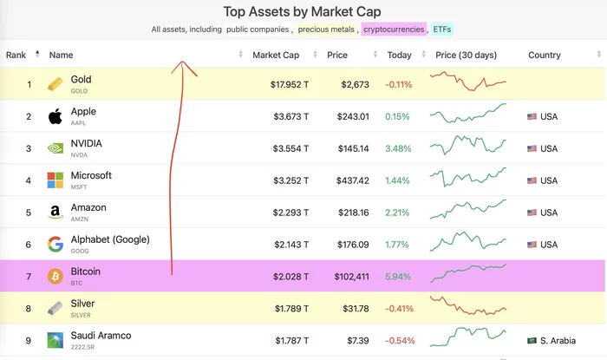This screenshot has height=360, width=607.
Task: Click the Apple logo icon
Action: pos(55,116)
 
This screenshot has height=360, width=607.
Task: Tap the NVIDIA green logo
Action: pos(55,148)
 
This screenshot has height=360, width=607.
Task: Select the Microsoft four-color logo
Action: pos(55,180)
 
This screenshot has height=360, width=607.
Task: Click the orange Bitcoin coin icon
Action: pos(55,277)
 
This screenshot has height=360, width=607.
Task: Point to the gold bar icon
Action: pos(55,84)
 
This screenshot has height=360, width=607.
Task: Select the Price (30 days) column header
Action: pos(466,55)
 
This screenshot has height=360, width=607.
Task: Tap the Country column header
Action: pos(545,55)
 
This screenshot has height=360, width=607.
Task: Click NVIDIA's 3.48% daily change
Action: pos(398,148)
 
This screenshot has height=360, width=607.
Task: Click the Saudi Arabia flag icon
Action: pos(532,341)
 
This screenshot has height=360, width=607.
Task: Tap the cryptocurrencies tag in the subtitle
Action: pos(394,29)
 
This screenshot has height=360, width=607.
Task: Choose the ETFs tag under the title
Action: pos(442,29)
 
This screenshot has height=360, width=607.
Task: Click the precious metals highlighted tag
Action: pos(326,29)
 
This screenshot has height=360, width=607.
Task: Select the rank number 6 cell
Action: pos(29,245)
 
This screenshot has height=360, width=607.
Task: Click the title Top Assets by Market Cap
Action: pos(303,11)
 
